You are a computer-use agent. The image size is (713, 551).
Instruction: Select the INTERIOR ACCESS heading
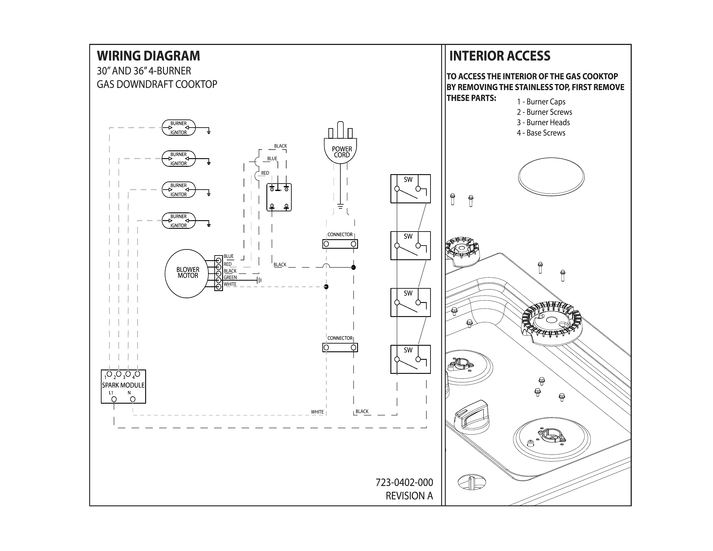pyautogui.click(x=500, y=56)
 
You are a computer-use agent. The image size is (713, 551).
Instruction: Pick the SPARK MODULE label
pyautogui.click(x=123, y=385)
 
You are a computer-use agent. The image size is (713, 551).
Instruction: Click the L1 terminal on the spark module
pyautogui.click(x=114, y=399)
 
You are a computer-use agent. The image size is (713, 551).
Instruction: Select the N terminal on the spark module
pyautogui.click(x=132, y=399)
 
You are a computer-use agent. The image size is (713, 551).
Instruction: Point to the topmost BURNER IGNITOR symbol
pyautogui.click(x=179, y=128)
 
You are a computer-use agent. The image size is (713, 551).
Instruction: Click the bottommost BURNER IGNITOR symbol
pyautogui.click(x=179, y=221)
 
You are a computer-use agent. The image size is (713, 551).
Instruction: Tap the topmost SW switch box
pyautogui.click(x=410, y=189)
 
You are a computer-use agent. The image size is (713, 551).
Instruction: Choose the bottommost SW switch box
pyautogui.click(x=410, y=359)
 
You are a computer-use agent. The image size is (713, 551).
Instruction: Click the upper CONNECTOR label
pyautogui.click(x=340, y=234)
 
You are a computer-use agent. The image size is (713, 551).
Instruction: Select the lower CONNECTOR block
pyautogui.click(x=340, y=347)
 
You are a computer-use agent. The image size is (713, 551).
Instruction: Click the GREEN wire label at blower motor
pyautogui.click(x=230, y=277)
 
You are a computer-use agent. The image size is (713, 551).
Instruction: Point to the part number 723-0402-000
pyautogui.click(x=404, y=483)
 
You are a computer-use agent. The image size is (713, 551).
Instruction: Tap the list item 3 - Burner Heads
pyautogui.click(x=543, y=122)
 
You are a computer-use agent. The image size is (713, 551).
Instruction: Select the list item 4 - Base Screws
pyautogui.click(x=541, y=133)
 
